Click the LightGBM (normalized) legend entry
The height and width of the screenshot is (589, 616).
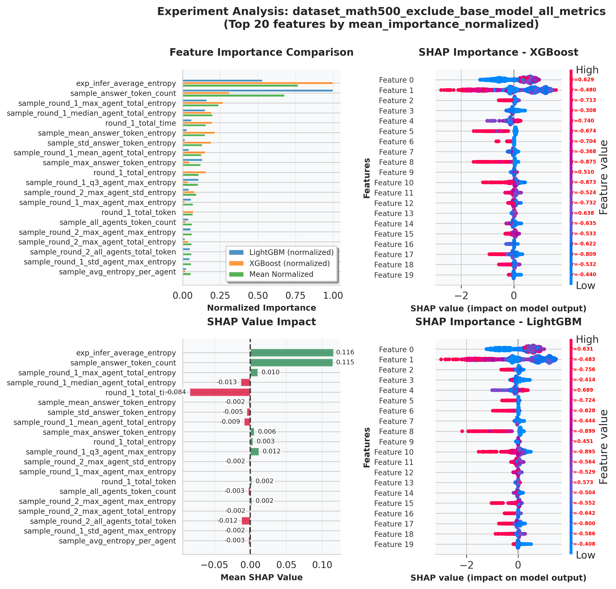(x=291, y=253)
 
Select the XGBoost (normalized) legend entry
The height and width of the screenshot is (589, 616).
(x=289, y=263)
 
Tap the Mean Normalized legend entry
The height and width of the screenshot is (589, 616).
(x=281, y=274)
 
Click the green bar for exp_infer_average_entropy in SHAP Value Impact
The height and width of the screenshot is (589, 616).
(x=292, y=353)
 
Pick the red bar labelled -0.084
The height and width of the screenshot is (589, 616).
(x=220, y=392)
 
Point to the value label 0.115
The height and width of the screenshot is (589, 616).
(x=345, y=362)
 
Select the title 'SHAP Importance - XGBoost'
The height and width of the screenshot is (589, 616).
(x=498, y=52)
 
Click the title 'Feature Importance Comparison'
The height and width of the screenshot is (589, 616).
(x=262, y=52)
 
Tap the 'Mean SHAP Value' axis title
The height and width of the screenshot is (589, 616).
(x=262, y=577)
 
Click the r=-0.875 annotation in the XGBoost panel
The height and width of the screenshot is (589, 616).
(x=584, y=162)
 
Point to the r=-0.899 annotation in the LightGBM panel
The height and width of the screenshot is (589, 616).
(x=584, y=431)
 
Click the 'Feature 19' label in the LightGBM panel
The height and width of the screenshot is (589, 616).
(x=394, y=544)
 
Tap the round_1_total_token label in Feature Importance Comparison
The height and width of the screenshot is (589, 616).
(x=138, y=213)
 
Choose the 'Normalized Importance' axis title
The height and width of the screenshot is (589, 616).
(x=262, y=308)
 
